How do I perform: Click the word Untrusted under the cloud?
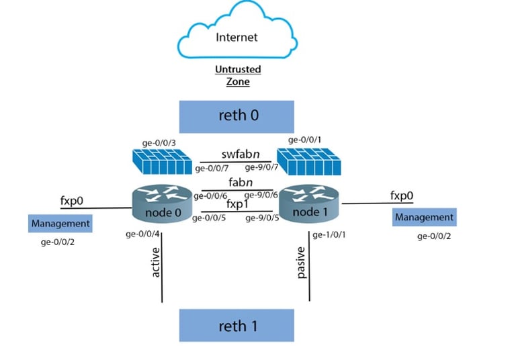coord(238,69)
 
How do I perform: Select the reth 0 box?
coord(236,116)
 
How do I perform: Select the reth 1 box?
coord(236,325)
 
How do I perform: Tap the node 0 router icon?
coord(162,204)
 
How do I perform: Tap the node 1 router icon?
coord(308,203)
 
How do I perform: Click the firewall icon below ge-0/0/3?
coord(162,161)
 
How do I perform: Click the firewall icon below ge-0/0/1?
coord(308,161)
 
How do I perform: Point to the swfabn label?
coord(241,154)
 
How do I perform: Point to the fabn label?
coord(241,182)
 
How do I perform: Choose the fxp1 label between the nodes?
coord(237,204)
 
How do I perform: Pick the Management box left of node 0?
coord(60,224)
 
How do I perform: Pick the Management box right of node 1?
coord(424,217)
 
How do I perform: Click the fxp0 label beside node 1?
coord(402,195)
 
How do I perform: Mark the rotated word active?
coord(155,262)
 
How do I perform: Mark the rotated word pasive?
coord(301,263)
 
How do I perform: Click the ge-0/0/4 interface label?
coord(142,234)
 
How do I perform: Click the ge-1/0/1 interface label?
coord(329,234)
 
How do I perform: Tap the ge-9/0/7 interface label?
coord(261,167)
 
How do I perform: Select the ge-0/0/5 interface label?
coord(209,218)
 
